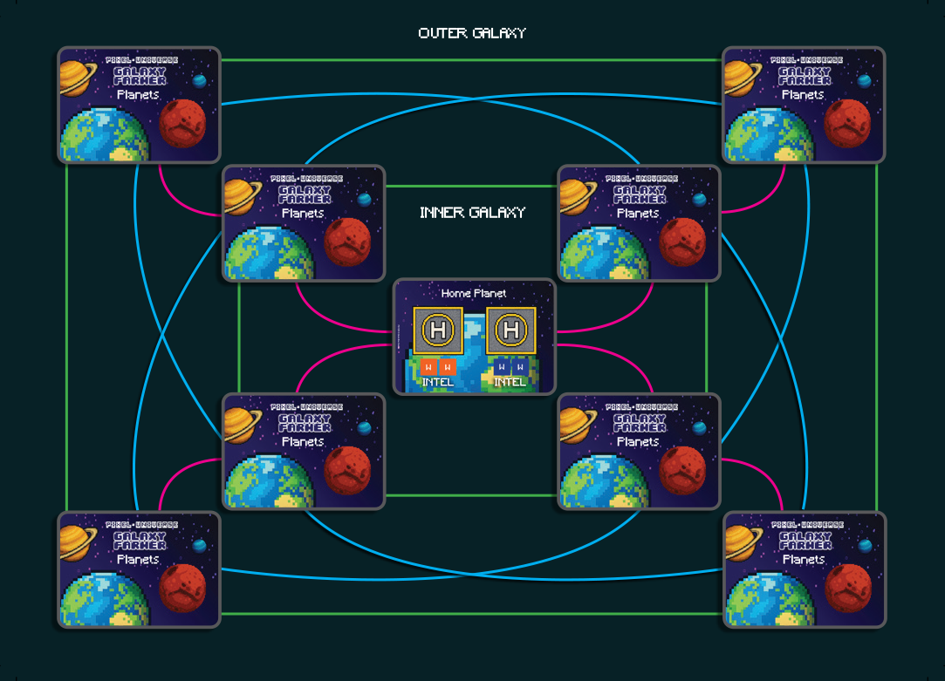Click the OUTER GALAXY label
tap(472, 33)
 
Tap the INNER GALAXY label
tap(472, 213)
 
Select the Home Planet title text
tap(474, 293)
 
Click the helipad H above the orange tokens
tap(438, 330)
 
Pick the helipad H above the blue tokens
tap(510, 330)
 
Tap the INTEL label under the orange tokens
tap(437, 382)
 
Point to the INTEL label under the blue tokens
tap(510, 382)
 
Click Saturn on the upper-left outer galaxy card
tap(79, 77)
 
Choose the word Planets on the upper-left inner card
tap(303, 213)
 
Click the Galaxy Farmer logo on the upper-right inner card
tap(638, 194)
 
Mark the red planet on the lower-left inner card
tap(347, 470)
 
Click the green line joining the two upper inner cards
tap(471, 186)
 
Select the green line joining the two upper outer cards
tap(471, 60)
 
